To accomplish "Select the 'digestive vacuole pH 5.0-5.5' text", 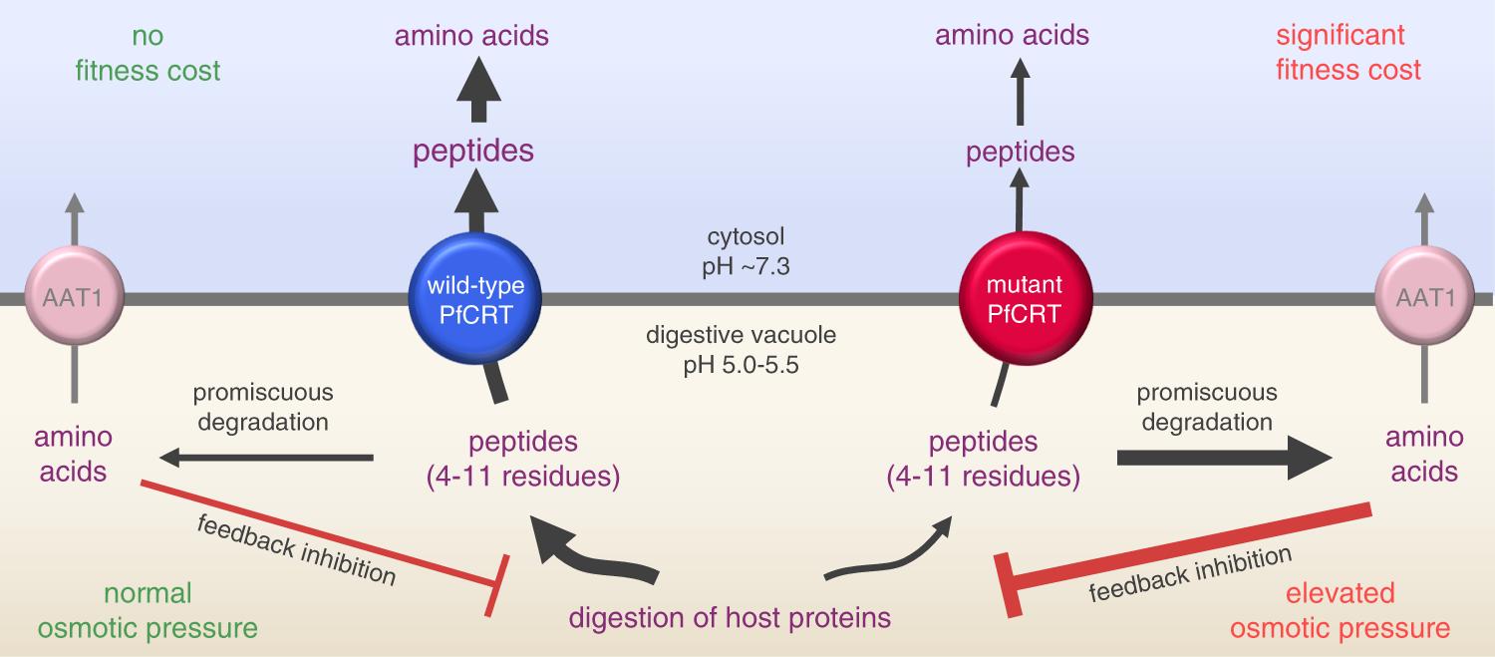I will [741, 349].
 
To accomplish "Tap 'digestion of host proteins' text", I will [730, 617].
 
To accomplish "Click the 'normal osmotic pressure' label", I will [148, 610].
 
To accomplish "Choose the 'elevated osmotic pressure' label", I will [1340, 610].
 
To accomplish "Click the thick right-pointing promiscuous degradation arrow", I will [1224, 458].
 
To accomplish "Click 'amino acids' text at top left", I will [471, 37].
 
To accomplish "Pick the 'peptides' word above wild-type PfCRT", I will [473, 151].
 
